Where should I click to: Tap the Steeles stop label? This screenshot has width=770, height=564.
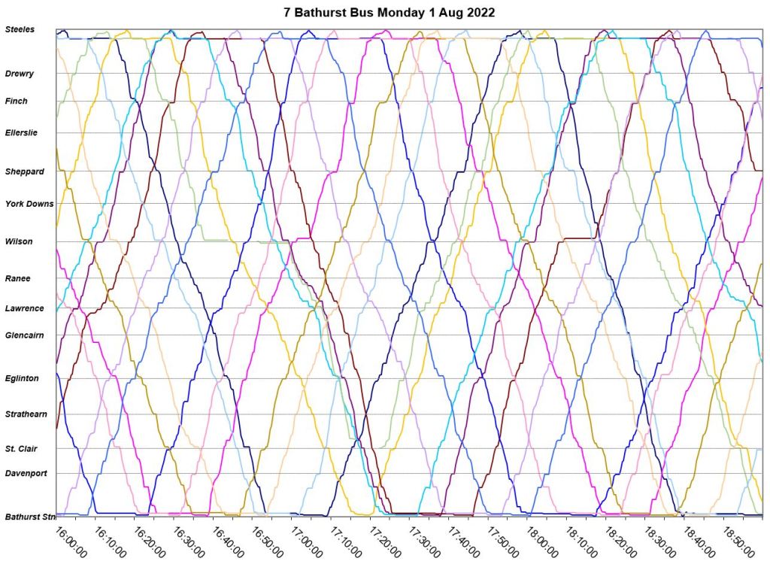click(x=20, y=29)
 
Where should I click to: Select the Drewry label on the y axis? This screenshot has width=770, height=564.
click(x=20, y=74)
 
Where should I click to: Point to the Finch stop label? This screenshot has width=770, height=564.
click(x=17, y=101)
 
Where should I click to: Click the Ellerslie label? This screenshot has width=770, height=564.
click(x=21, y=133)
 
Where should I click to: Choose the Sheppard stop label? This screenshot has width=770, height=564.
click(x=25, y=171)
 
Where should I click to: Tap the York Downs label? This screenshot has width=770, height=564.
click(x=29, y=203)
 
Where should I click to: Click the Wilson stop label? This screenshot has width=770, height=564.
click(x=19, y=241)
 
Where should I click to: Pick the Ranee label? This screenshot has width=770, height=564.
click(x=18, y=278)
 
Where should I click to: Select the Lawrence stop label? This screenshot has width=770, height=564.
click(x=25, y=308)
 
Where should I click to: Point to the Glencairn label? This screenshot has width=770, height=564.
click(x=26, y=335)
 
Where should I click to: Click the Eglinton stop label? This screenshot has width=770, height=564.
click(x=22, y=378)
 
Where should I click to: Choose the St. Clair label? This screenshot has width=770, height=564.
click(x=21, y=449)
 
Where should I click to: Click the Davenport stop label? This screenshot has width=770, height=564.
click(x=26, y=474)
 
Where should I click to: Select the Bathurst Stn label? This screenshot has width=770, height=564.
click(x=30, y=517)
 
